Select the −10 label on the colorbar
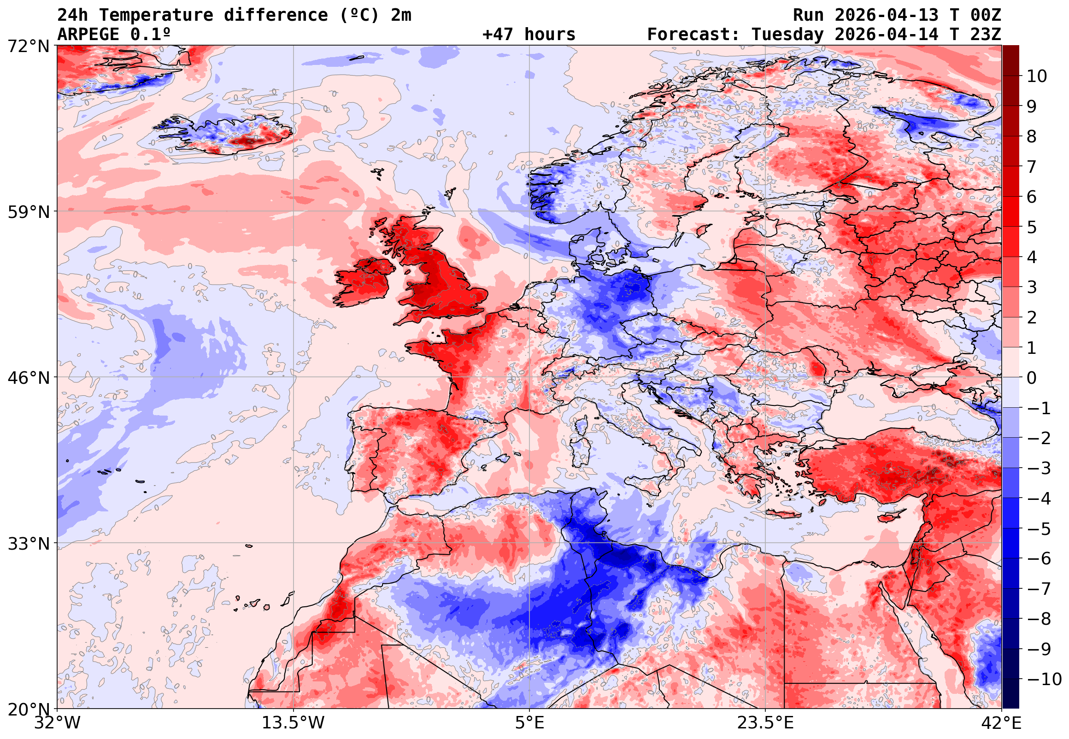pos(1045,679)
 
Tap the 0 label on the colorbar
pos(1032,378)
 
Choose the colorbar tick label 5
pos(1032,227)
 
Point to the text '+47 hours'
pos(529,35)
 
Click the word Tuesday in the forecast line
pos(787,35)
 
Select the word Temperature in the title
pos(156,15)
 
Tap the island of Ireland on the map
pos(364,282)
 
